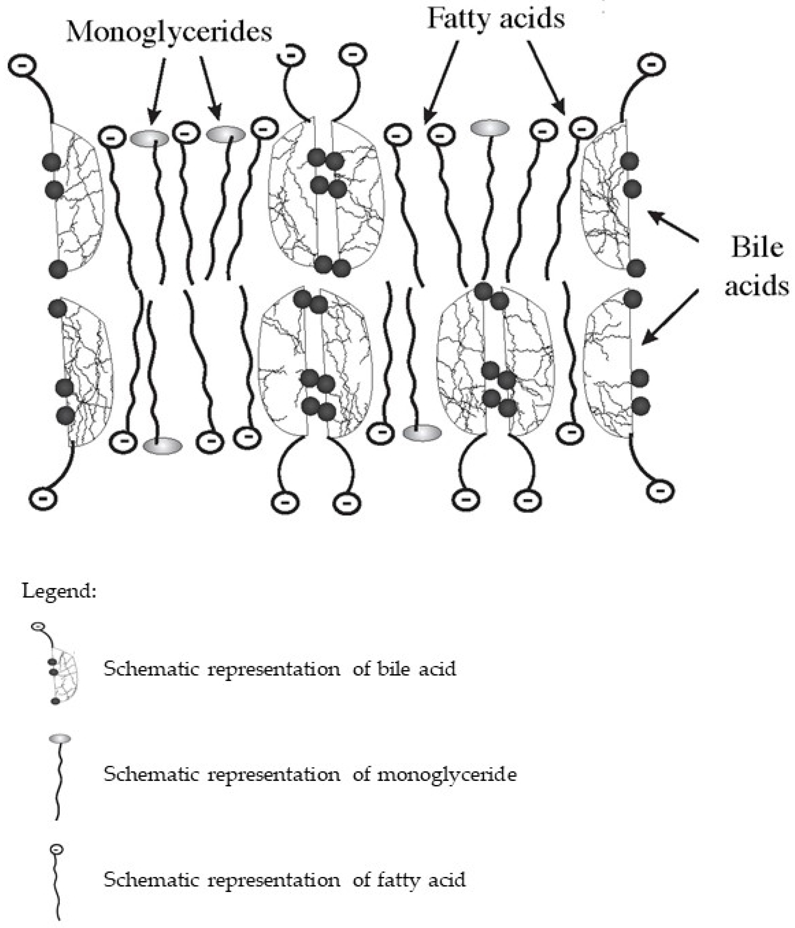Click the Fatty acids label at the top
pyautogui.click(x=495, y=19)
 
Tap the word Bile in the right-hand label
pyautogui.click(x=756, y=247)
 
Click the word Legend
pyautogui.click(x=59, y=591)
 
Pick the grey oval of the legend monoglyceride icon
pyautogui.click(x=59, y=738)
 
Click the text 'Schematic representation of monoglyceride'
pyautogui.click(x=310, y=774)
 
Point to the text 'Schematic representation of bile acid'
pyautogui.click(x=280, y=669)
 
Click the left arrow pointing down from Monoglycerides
pyautogui.click(x=158, y=90)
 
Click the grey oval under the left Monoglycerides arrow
pyautogui.click(x=149, y=138)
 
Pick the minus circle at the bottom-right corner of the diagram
pyautogui.click(x=660, y=491)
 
